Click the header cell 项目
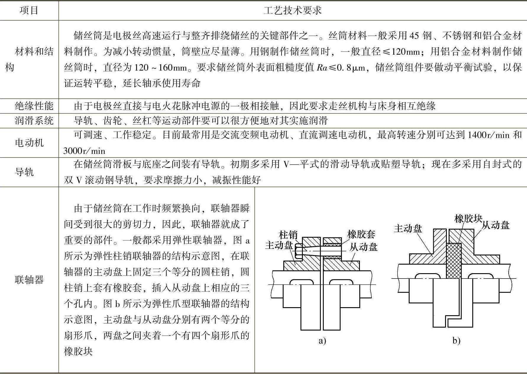click(29, 11)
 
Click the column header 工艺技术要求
click(292, 11)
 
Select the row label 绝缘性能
click(34, 106)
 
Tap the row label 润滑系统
click(34, 120)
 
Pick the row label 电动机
click(29, 143)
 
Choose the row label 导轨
click(24, 172)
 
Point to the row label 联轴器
click(29, 280)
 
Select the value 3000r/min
click(84, 151)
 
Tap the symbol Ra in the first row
click(322, 68)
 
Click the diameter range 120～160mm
click(161, 68)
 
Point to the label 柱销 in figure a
click(288, 235)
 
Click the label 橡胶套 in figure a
click(361, 234)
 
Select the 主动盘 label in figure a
click(279, 245)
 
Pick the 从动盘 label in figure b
click(496, 226)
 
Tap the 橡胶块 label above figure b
click(468, 218)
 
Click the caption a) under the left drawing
click(322, 341)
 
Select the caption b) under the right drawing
click(456, 341)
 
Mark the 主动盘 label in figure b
click(408, 229)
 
